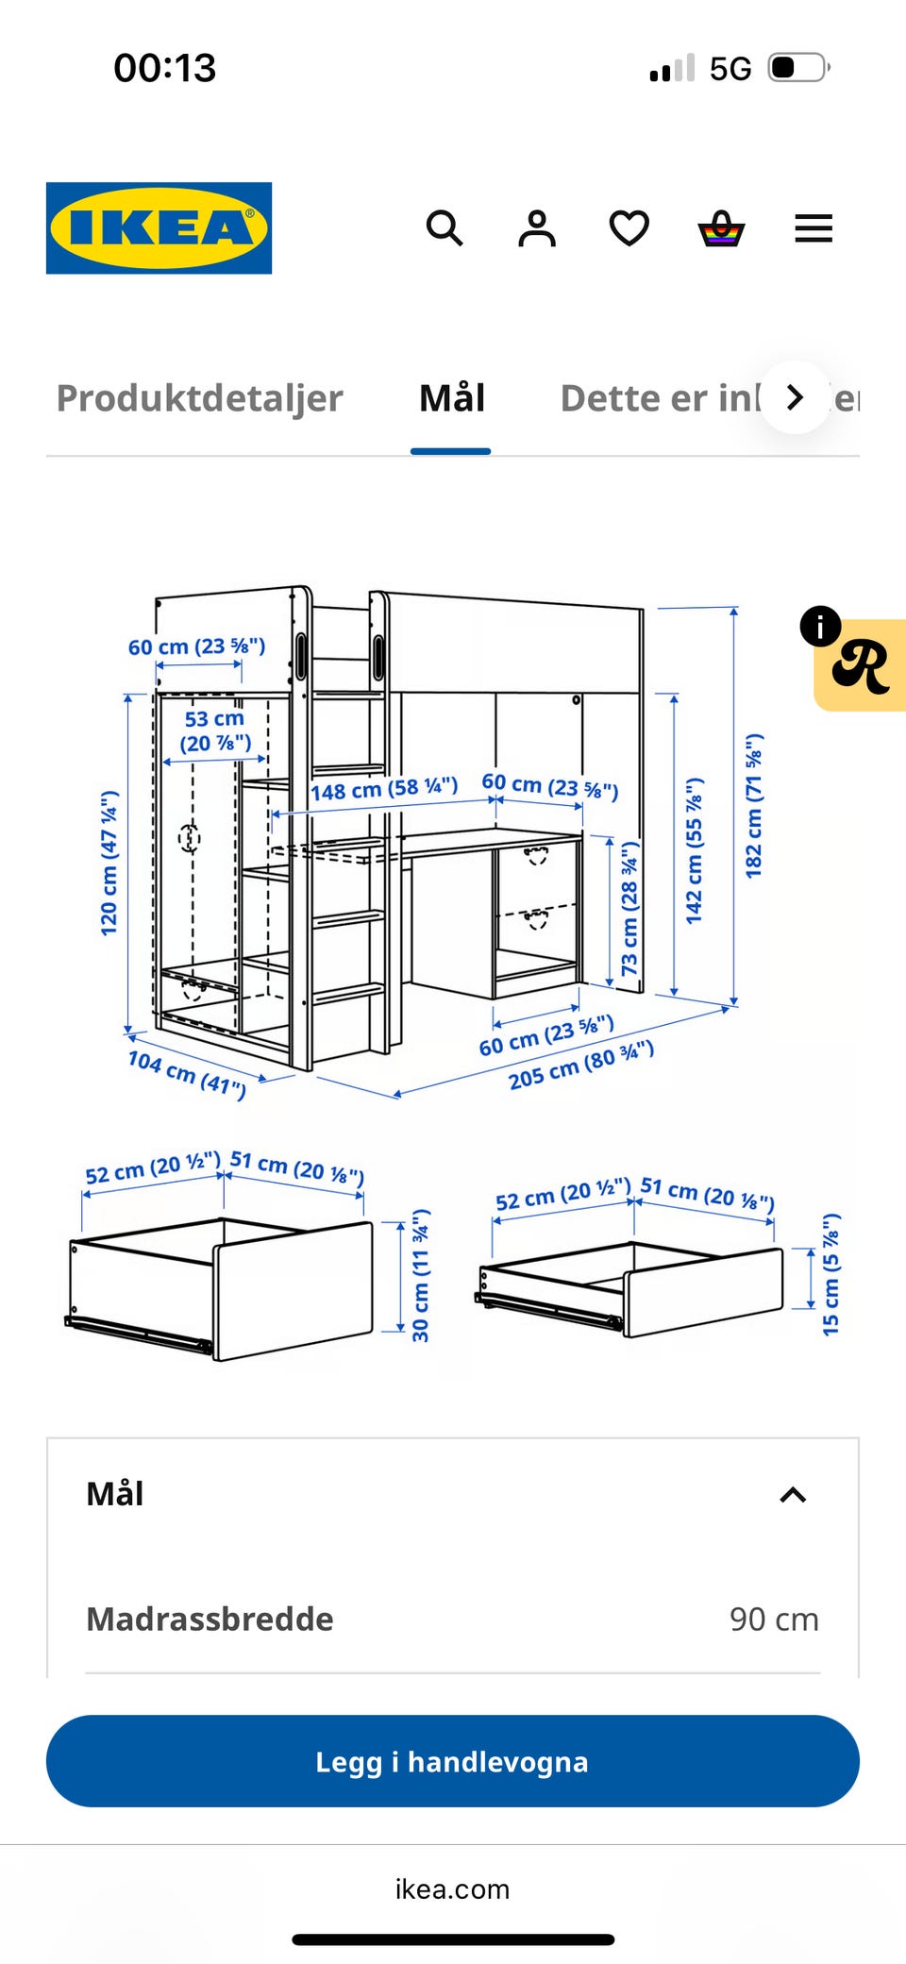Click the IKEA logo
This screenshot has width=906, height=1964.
tap(159, 228)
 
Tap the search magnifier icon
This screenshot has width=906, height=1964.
tap(445, 228)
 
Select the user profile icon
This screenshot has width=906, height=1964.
tap(537, 228)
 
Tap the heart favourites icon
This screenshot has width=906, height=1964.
tap(629, 228)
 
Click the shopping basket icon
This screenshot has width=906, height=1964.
tap(721, 228)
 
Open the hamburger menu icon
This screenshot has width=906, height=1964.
tap(814, 228)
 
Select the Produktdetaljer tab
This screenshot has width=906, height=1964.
tap(199, 398)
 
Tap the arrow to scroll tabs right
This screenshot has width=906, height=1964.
tap(796, 397)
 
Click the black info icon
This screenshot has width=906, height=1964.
tap(820, 626)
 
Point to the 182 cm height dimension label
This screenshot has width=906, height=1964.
tap(753, 805)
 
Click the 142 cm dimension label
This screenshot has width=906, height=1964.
tap(694, 850)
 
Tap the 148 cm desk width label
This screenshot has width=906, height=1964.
tap(384, 788)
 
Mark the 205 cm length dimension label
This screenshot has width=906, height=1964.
tap(580, 1065)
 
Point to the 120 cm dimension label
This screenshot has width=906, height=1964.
tap(109, 863)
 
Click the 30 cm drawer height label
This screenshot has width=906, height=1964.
tap(421, 1275)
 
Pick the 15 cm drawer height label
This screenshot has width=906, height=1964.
tap(830, 1274)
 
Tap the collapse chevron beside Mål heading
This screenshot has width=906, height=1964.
tap(793, 1495)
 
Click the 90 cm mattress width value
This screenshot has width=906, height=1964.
tap(774, 1620)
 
